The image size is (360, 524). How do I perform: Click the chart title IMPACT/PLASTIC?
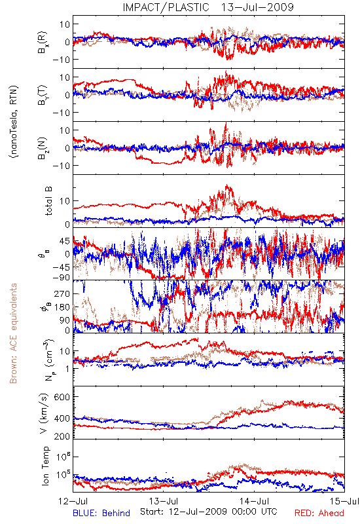(x=166, y=7)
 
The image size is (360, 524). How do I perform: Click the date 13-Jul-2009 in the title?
(x=257, y=7)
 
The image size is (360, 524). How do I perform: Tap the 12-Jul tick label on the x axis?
(x=73, y=501)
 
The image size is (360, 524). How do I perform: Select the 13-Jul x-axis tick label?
(x=164, y=501)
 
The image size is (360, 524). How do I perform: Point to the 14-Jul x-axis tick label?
(x=254, y=501)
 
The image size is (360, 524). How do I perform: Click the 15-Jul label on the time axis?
(x=345, y=501)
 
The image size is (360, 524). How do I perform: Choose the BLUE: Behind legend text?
(x=101, y=513)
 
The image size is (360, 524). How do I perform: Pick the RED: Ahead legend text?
(x=319, y=513)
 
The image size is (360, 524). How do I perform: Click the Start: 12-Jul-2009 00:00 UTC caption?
(x=209, y=512)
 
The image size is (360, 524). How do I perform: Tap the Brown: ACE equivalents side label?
(x=13, y=333)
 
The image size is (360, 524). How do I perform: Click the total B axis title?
(x=48, y=201)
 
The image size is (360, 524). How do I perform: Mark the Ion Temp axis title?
(x=45, y=466)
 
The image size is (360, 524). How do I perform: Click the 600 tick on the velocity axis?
(x=62, y=397)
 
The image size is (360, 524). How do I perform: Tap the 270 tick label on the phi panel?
(x=62, y=293)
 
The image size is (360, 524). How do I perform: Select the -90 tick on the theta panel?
(x=61, y=277)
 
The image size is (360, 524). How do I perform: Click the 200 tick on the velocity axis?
(x=62, y=436)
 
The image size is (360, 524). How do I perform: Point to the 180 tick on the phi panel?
(x=62, y=307)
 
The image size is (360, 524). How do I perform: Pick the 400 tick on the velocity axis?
(x=62, y=419)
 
